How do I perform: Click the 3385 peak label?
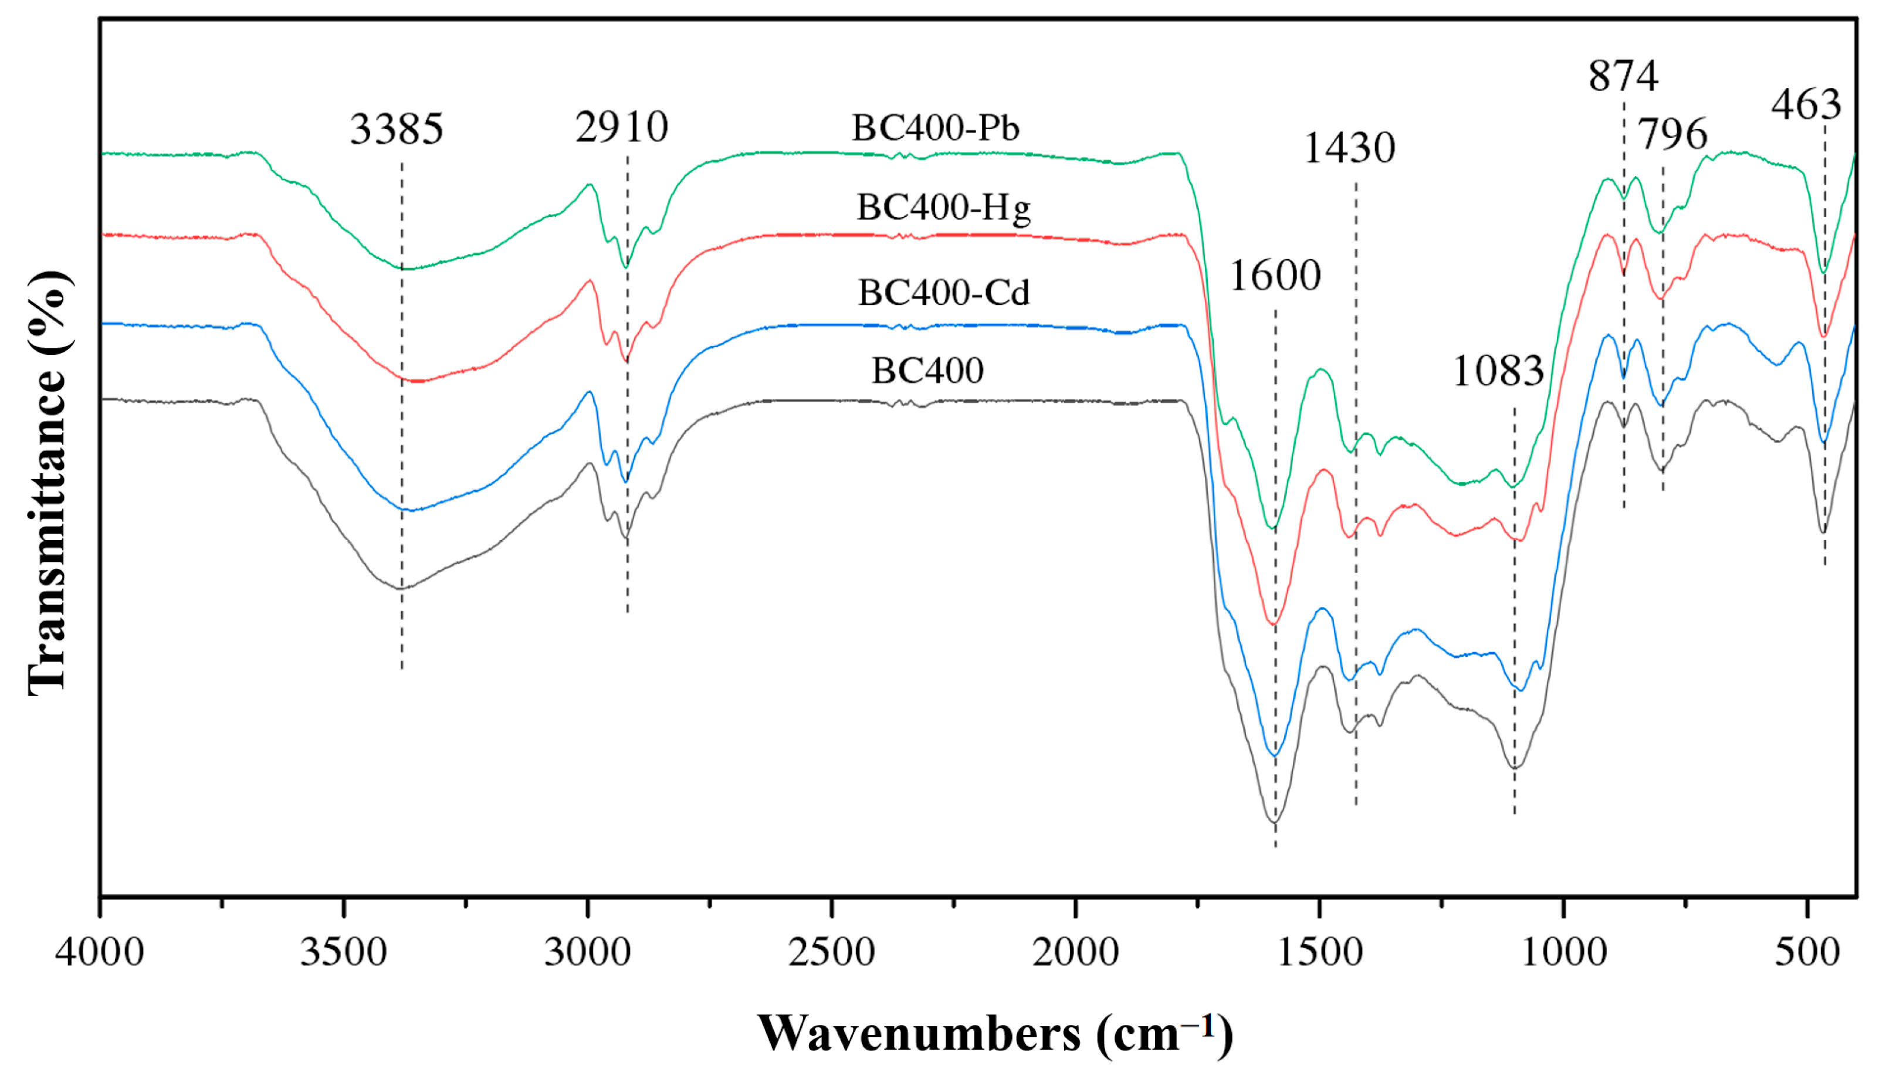397,130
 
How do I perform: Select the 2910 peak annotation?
622,127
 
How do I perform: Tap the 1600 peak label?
1275,276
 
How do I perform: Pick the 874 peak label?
1623,76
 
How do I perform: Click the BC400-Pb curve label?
935,128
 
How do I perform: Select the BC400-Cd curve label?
943,293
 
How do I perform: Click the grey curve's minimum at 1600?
1275,822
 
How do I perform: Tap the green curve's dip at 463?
1823,271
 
